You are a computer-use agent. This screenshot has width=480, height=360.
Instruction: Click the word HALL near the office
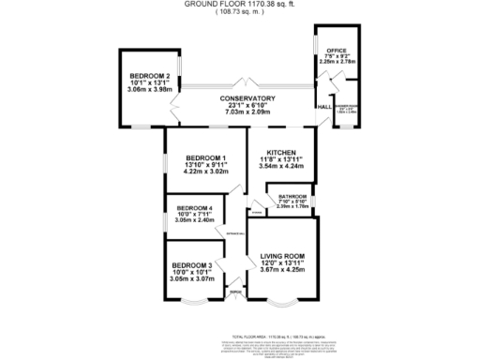coord(322,108)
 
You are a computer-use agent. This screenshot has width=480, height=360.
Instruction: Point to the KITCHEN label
coord(281,153)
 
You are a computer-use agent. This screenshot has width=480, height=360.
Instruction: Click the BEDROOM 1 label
coord(204,157)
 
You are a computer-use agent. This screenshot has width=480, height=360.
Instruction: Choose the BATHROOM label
coord(292,197)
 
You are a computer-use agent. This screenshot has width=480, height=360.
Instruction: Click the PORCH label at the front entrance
coord(234,293)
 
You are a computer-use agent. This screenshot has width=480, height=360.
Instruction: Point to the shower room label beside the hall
coord(347,109)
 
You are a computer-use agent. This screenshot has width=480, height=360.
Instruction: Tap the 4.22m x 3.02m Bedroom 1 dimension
coord(204,172)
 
